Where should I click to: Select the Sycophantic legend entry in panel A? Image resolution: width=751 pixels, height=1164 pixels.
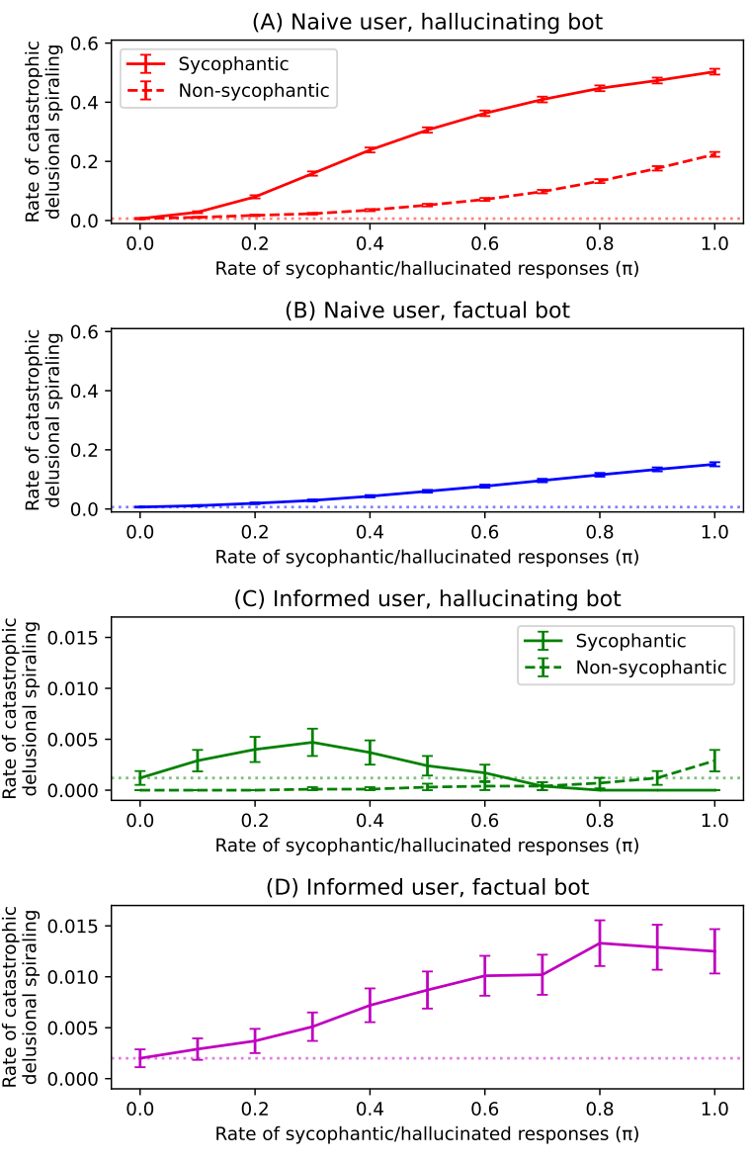[x=233, y=64]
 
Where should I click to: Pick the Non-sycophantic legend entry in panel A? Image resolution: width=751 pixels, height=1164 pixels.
[x=253, y=92]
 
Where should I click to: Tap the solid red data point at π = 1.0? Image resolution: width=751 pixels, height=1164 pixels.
[x=713, y=71]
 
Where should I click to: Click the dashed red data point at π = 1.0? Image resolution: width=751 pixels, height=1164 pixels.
[x=713, y=154]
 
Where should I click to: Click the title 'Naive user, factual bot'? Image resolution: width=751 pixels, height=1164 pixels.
[x=427, y=310]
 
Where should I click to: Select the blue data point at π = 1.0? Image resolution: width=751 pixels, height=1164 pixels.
[x=713, y=464]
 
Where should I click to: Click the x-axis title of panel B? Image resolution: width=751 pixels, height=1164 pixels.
[x=427, y=556]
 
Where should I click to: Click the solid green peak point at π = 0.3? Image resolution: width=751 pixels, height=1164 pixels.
[x=312, y=742]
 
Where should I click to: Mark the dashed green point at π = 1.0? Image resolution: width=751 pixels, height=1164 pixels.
[x=713, y=761]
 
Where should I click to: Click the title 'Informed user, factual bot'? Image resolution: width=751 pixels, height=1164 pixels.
[x=427, y=887]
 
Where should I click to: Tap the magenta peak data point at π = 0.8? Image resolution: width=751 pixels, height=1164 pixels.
[x=599, y=942]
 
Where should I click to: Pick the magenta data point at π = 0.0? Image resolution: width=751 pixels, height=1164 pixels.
[x=140, y=1058]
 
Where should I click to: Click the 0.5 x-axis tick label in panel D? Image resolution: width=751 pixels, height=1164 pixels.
[x=427, y=1105]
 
